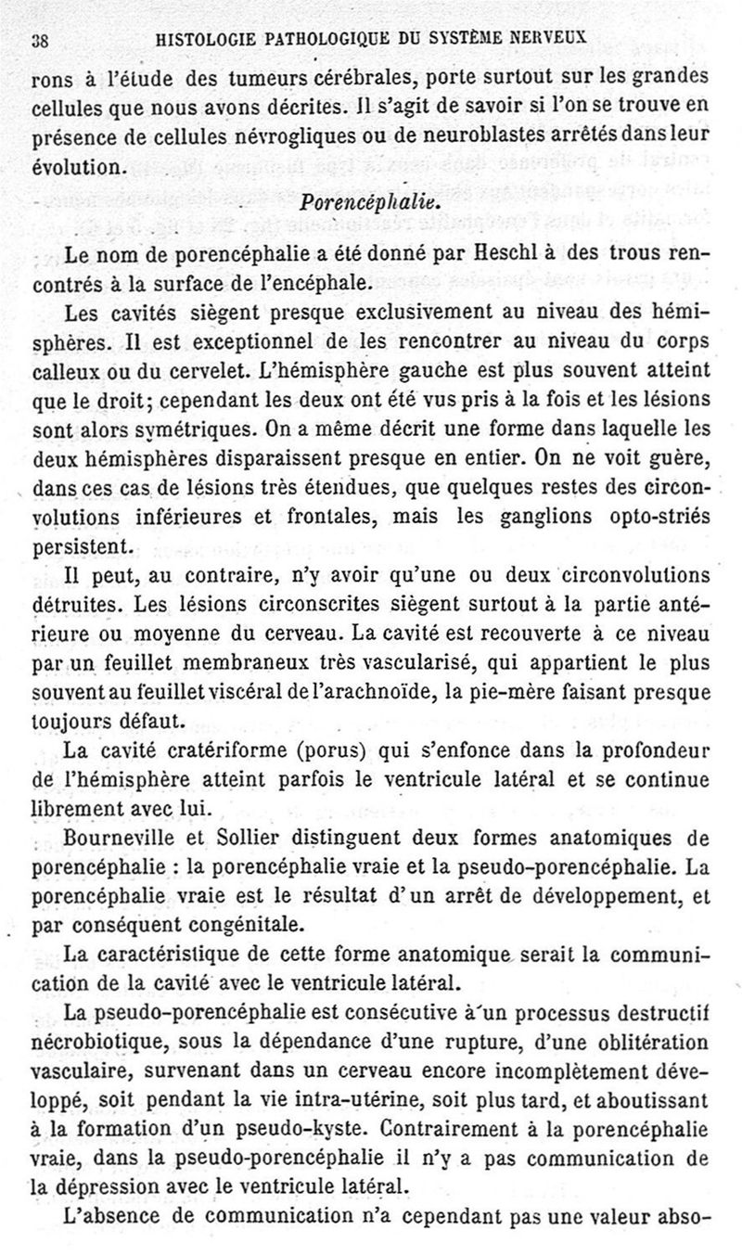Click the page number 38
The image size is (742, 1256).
(x=40, y=40)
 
